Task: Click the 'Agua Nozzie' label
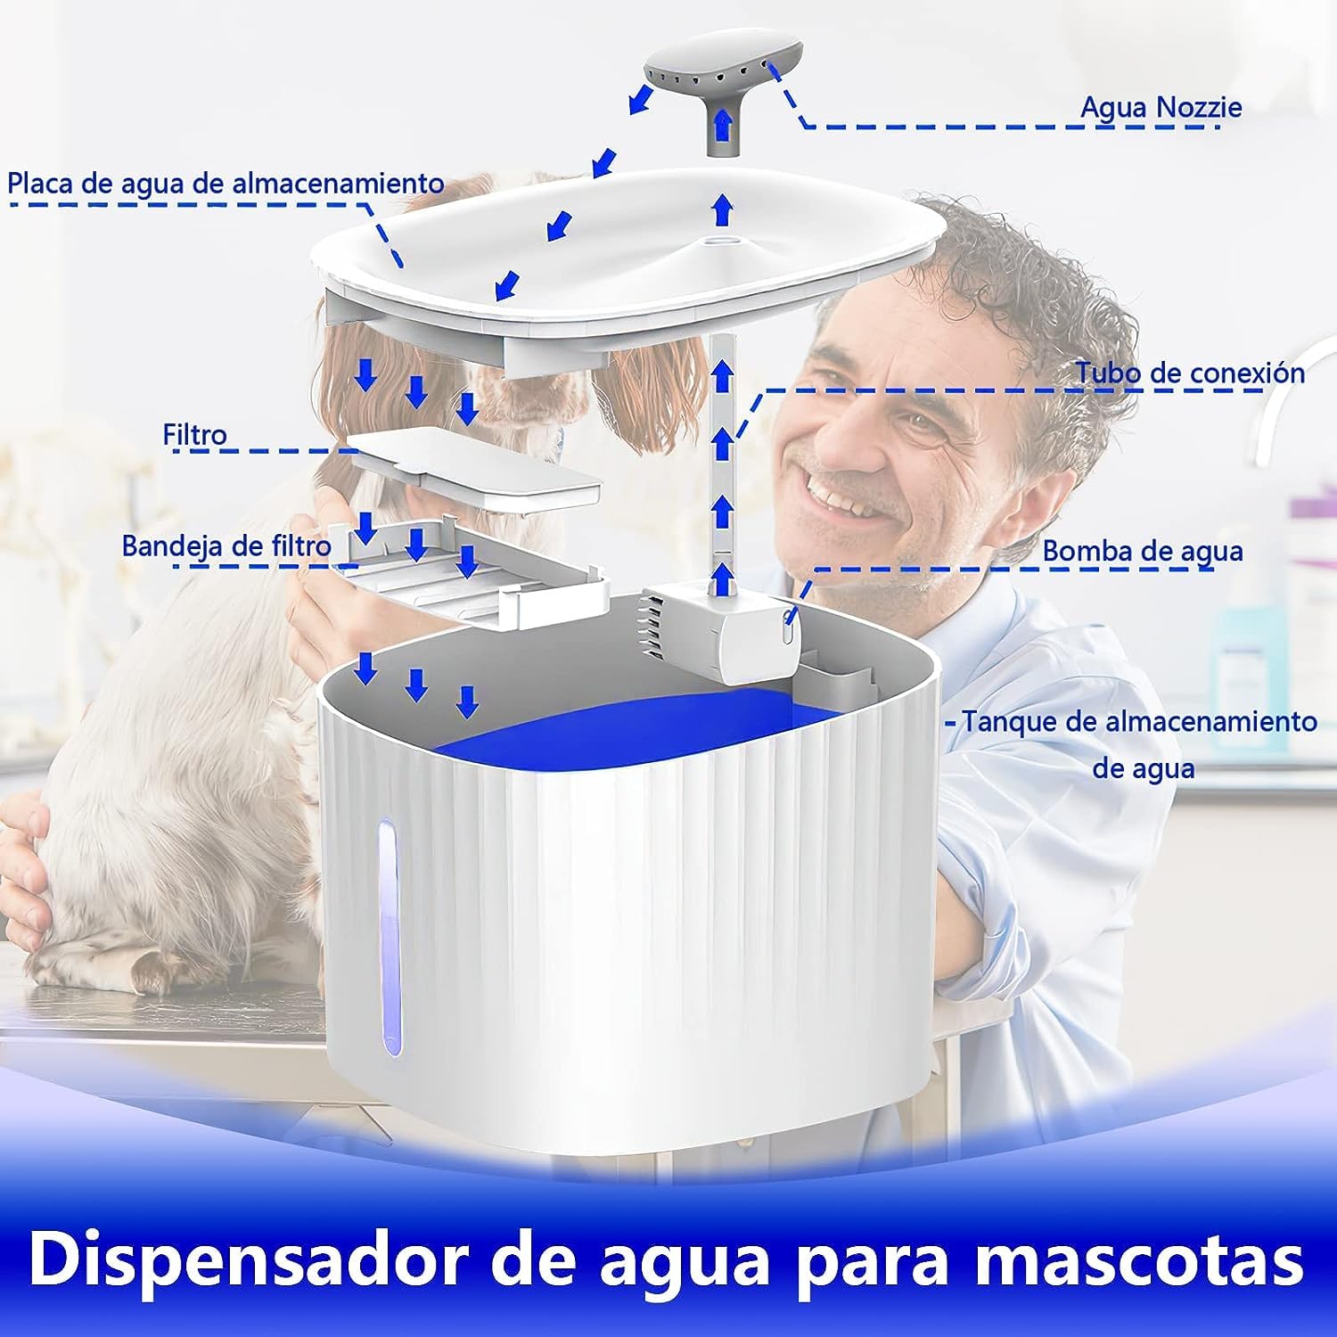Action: pos(1161,107)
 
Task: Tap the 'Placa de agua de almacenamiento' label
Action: pos(226,184)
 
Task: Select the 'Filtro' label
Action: pos(194,435)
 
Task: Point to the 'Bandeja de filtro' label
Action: pos(226,545)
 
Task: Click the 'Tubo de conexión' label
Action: pos(1189,373)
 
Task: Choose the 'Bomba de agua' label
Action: pos(1143,552)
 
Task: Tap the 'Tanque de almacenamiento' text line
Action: pos(1139,721)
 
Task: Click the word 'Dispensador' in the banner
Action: pos(260,1259)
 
